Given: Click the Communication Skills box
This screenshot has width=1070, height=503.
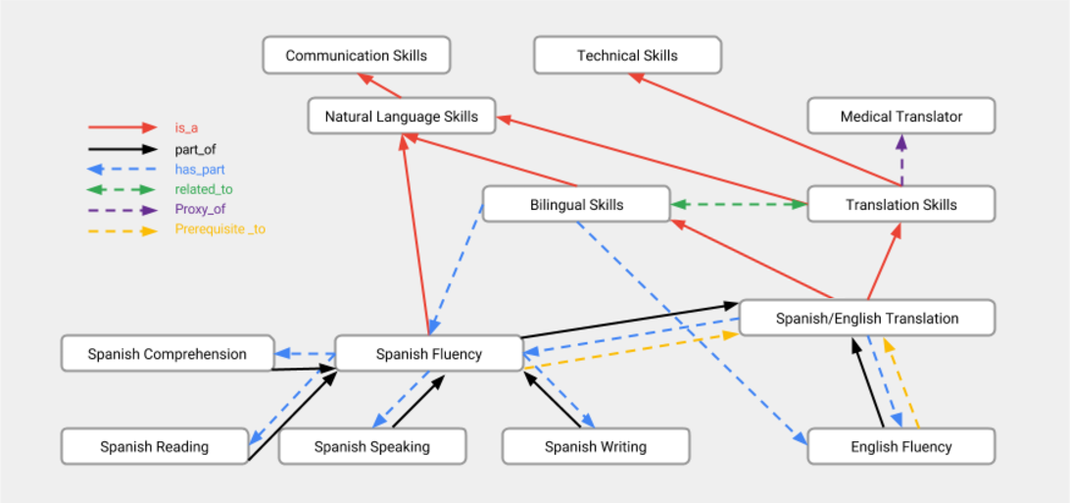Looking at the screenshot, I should (357, 55).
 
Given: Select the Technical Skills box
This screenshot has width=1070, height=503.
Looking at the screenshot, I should (627, 55).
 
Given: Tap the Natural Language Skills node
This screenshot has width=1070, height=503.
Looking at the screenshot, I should (402, 116).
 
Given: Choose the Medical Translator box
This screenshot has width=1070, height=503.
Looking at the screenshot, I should (901, 116).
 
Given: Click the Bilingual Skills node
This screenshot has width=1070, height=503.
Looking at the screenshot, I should (576, 204).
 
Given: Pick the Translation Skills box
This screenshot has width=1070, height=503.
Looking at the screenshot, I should (901, 204).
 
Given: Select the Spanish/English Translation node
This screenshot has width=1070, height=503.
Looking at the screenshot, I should (867, 318).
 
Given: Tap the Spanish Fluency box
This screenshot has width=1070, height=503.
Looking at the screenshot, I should (429, 354).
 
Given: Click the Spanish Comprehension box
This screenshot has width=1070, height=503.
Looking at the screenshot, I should (167, 354).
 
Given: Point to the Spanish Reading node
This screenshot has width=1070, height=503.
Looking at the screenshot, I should (154, 446).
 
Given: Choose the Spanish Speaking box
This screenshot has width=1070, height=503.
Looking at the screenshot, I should (372, 446).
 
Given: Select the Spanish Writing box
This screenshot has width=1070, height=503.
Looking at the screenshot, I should (596, 446).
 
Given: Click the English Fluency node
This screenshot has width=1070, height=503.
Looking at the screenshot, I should (901, 446).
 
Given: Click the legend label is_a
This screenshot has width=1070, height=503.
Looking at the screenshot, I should (186, 127).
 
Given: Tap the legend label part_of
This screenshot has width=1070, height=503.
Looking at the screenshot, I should (194, 149).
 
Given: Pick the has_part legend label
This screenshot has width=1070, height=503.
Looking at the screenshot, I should (199, 169).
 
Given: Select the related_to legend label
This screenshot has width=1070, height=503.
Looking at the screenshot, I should (204, 188).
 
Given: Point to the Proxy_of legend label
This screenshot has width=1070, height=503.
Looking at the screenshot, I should (200, 209).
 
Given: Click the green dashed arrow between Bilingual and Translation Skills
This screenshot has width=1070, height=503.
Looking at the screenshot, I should (739, 204).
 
